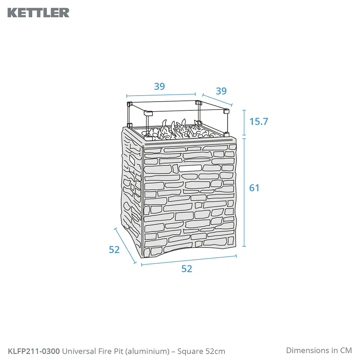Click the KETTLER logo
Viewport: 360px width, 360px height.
[38, 13]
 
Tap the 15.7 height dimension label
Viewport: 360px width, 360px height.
[259, 122]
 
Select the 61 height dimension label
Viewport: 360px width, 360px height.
[254, 188]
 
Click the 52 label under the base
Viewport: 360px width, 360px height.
[187, 269]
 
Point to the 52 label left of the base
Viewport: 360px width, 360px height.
[114, 250]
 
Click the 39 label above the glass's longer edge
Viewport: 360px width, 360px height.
[159, 86]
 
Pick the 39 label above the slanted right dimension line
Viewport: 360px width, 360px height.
[221, 91]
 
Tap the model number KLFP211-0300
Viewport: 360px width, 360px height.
[34, 351]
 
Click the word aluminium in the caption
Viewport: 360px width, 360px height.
[148, 351]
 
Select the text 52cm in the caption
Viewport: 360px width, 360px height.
[215, 351]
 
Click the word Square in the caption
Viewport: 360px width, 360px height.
[190, 352]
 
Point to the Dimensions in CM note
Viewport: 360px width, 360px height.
[319, 350]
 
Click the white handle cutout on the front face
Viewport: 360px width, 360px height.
[190, 168]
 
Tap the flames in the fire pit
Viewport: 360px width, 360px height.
[178, 129]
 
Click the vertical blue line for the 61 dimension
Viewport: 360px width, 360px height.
[244, 192]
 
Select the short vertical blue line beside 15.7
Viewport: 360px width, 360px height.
[244, 123]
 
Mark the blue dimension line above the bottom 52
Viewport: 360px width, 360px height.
[189, 260]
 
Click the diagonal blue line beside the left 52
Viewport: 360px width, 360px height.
[125, 246]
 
